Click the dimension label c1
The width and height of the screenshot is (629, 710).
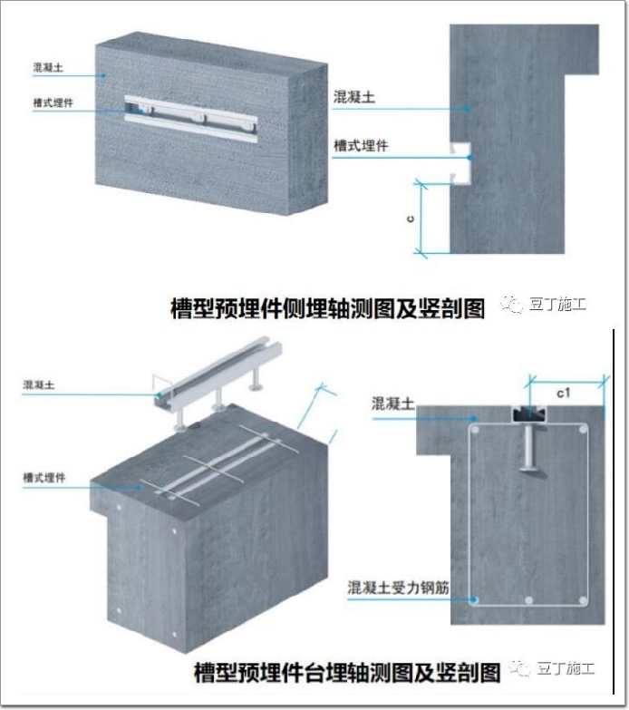point(564,393)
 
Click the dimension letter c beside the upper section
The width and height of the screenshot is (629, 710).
point(411,219)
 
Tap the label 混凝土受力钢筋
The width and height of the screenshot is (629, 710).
point(398,588)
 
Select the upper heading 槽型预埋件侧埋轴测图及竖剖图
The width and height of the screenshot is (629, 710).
point(327,309)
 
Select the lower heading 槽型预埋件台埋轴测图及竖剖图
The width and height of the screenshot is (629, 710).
point(347,672)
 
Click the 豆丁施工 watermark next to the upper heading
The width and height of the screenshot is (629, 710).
point(543,305)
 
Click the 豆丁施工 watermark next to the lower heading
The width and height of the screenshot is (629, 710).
point(552,668)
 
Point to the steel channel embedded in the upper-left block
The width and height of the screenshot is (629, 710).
point(191,119)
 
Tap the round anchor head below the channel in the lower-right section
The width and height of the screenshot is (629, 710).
point(529,467)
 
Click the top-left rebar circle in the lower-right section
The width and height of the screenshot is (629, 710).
point(475,430)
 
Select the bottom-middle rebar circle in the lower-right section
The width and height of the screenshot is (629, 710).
point(529,601)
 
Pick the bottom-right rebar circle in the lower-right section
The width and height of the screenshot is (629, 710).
point(583,601)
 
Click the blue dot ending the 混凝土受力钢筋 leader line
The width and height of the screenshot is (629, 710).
point(474,600)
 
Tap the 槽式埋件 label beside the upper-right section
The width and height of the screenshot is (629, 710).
point(361,146)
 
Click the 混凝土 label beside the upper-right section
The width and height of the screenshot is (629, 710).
point(353,97)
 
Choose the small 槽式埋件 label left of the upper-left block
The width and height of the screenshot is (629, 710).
point(53,102)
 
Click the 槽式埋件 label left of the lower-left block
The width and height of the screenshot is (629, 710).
point(44,477)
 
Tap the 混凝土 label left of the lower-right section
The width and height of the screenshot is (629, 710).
point(392,404)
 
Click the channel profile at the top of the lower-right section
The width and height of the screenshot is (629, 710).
point(529,413)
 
